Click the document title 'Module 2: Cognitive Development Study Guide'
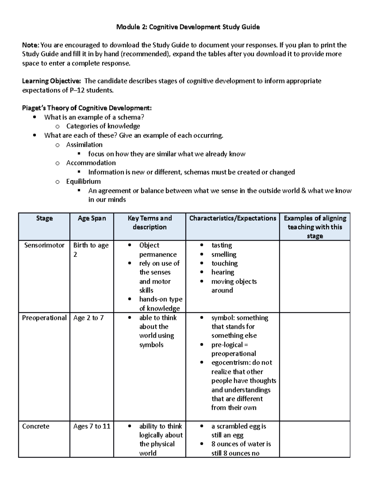tap(188, 27)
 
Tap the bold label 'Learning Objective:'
tap(51, 81)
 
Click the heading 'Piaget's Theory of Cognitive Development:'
tap(87, 108)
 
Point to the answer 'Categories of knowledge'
tap(103, 126)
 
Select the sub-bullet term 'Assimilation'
tap(84, 145)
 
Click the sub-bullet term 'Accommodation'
tap(91, 163)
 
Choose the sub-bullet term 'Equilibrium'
tap(83, 181)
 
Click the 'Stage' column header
tap(44, 218)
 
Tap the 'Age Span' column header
tap(92, 218)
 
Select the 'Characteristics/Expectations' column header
tap(232, 218)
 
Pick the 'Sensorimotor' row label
tap(44, 245)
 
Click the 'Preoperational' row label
tap(44, 318)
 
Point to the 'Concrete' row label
tap(36, 426)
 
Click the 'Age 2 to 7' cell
tap(88, 318)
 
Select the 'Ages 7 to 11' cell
tap(92, 426)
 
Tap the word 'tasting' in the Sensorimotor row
tap(222, 245)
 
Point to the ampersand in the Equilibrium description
tap(303, 191)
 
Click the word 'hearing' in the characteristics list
tap(222, 272)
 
